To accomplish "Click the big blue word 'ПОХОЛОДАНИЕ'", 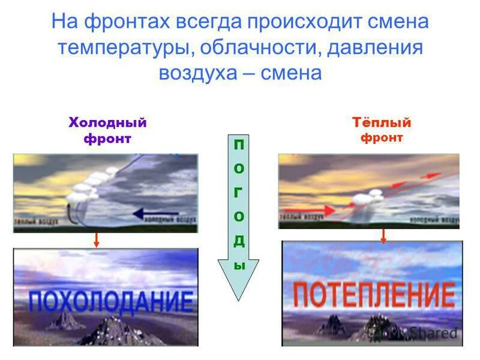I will [112, 301].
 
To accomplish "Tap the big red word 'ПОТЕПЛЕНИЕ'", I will [373, 295].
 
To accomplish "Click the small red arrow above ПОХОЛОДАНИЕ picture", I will [95, 239].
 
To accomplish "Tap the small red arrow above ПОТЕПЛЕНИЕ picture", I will [383, 235].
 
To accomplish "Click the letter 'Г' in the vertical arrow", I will [239, 193].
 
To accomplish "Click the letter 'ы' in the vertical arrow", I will [239, 265].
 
